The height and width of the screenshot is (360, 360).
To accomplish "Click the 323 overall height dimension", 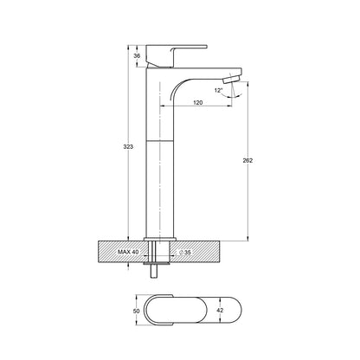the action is [128, 146].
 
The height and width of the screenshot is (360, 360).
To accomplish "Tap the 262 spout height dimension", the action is [247, 160].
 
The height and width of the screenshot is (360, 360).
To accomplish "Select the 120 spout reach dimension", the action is [197, 102].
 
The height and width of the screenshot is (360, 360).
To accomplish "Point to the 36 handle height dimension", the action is [137, 55].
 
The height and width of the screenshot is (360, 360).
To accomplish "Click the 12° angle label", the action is [218, 90].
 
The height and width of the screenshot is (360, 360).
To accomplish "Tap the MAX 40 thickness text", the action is [128, 252].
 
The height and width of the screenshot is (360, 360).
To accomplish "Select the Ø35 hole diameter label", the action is [185, 252].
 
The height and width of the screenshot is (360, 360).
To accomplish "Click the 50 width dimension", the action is [136, 311].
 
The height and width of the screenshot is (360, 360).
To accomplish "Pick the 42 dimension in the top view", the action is [220, 311].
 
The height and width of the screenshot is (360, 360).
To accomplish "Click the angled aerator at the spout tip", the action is [233, 79].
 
